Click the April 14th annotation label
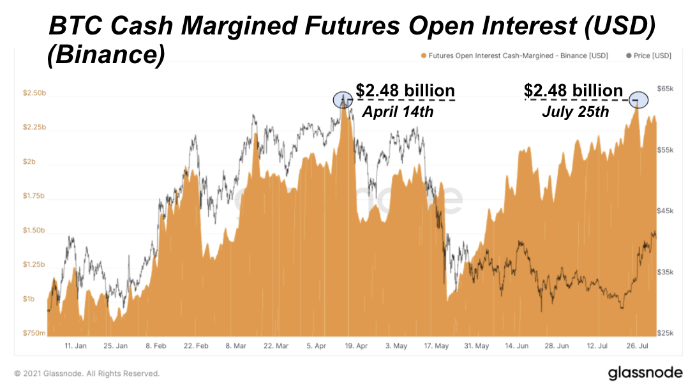coord(398,112)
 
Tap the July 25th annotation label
coord(575,112)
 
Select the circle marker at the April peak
coord(343,100)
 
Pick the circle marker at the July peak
coord(638,100)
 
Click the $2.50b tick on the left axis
coord(34,93)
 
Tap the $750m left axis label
coord(34,333)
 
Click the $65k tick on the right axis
coord(666,89)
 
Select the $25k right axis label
coord(666,333)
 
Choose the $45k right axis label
coord(666,211)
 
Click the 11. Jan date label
coord(75,346)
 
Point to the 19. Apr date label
coord(356,346)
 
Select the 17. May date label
coord(437,346)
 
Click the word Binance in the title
coord(106,55)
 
